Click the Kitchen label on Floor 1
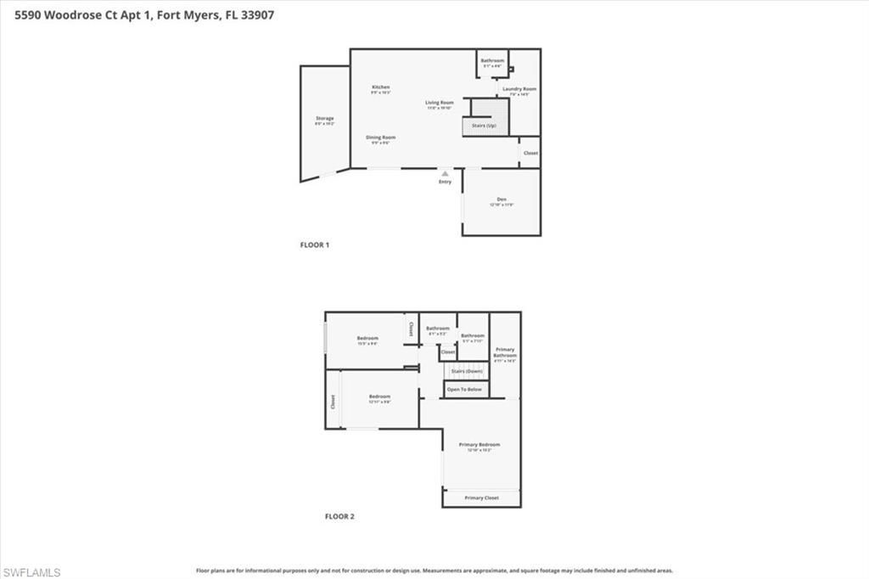(x=380, y=87)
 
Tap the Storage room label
(x=324, y=119)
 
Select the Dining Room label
(x=380, y=138)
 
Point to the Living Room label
(x=440, y=103)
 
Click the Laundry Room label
(x=519, y=89)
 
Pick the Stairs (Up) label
(x=485, y=126)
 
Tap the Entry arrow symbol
(x=445, y=173)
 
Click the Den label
(x=502, y=200)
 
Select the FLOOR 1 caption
(x=314, y=245)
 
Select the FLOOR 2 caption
(x=339, y=516)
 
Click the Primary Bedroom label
(x=479, y=445)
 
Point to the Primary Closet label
(x=481, y=497)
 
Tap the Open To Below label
(x=464, y=390)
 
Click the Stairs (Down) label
(x=467, y=371)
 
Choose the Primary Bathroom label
(x=505, y=352)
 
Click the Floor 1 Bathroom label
(x=492, y=61)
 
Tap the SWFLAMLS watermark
(x=31, y=572)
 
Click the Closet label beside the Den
(x=530, y=154)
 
